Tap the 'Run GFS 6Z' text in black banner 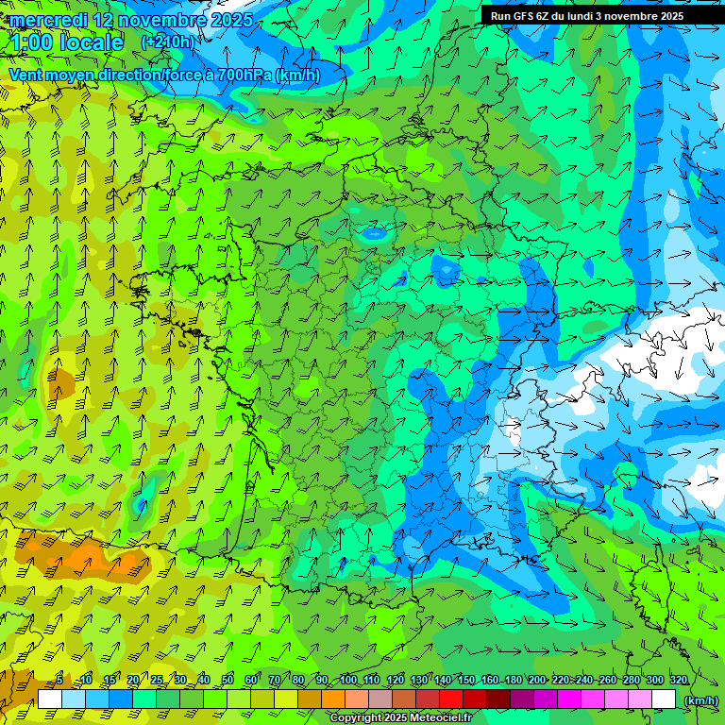point(518,16)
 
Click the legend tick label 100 point(348,681)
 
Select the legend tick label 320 point(678,681)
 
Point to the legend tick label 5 point(59,681)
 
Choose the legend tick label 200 point(537,681)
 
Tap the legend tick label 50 point(228,681)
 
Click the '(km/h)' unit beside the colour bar point(700,700)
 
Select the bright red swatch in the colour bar point(451,699)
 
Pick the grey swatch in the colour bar point(380,699)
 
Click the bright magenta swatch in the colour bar point(569,699)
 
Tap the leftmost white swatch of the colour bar point(50,699)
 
